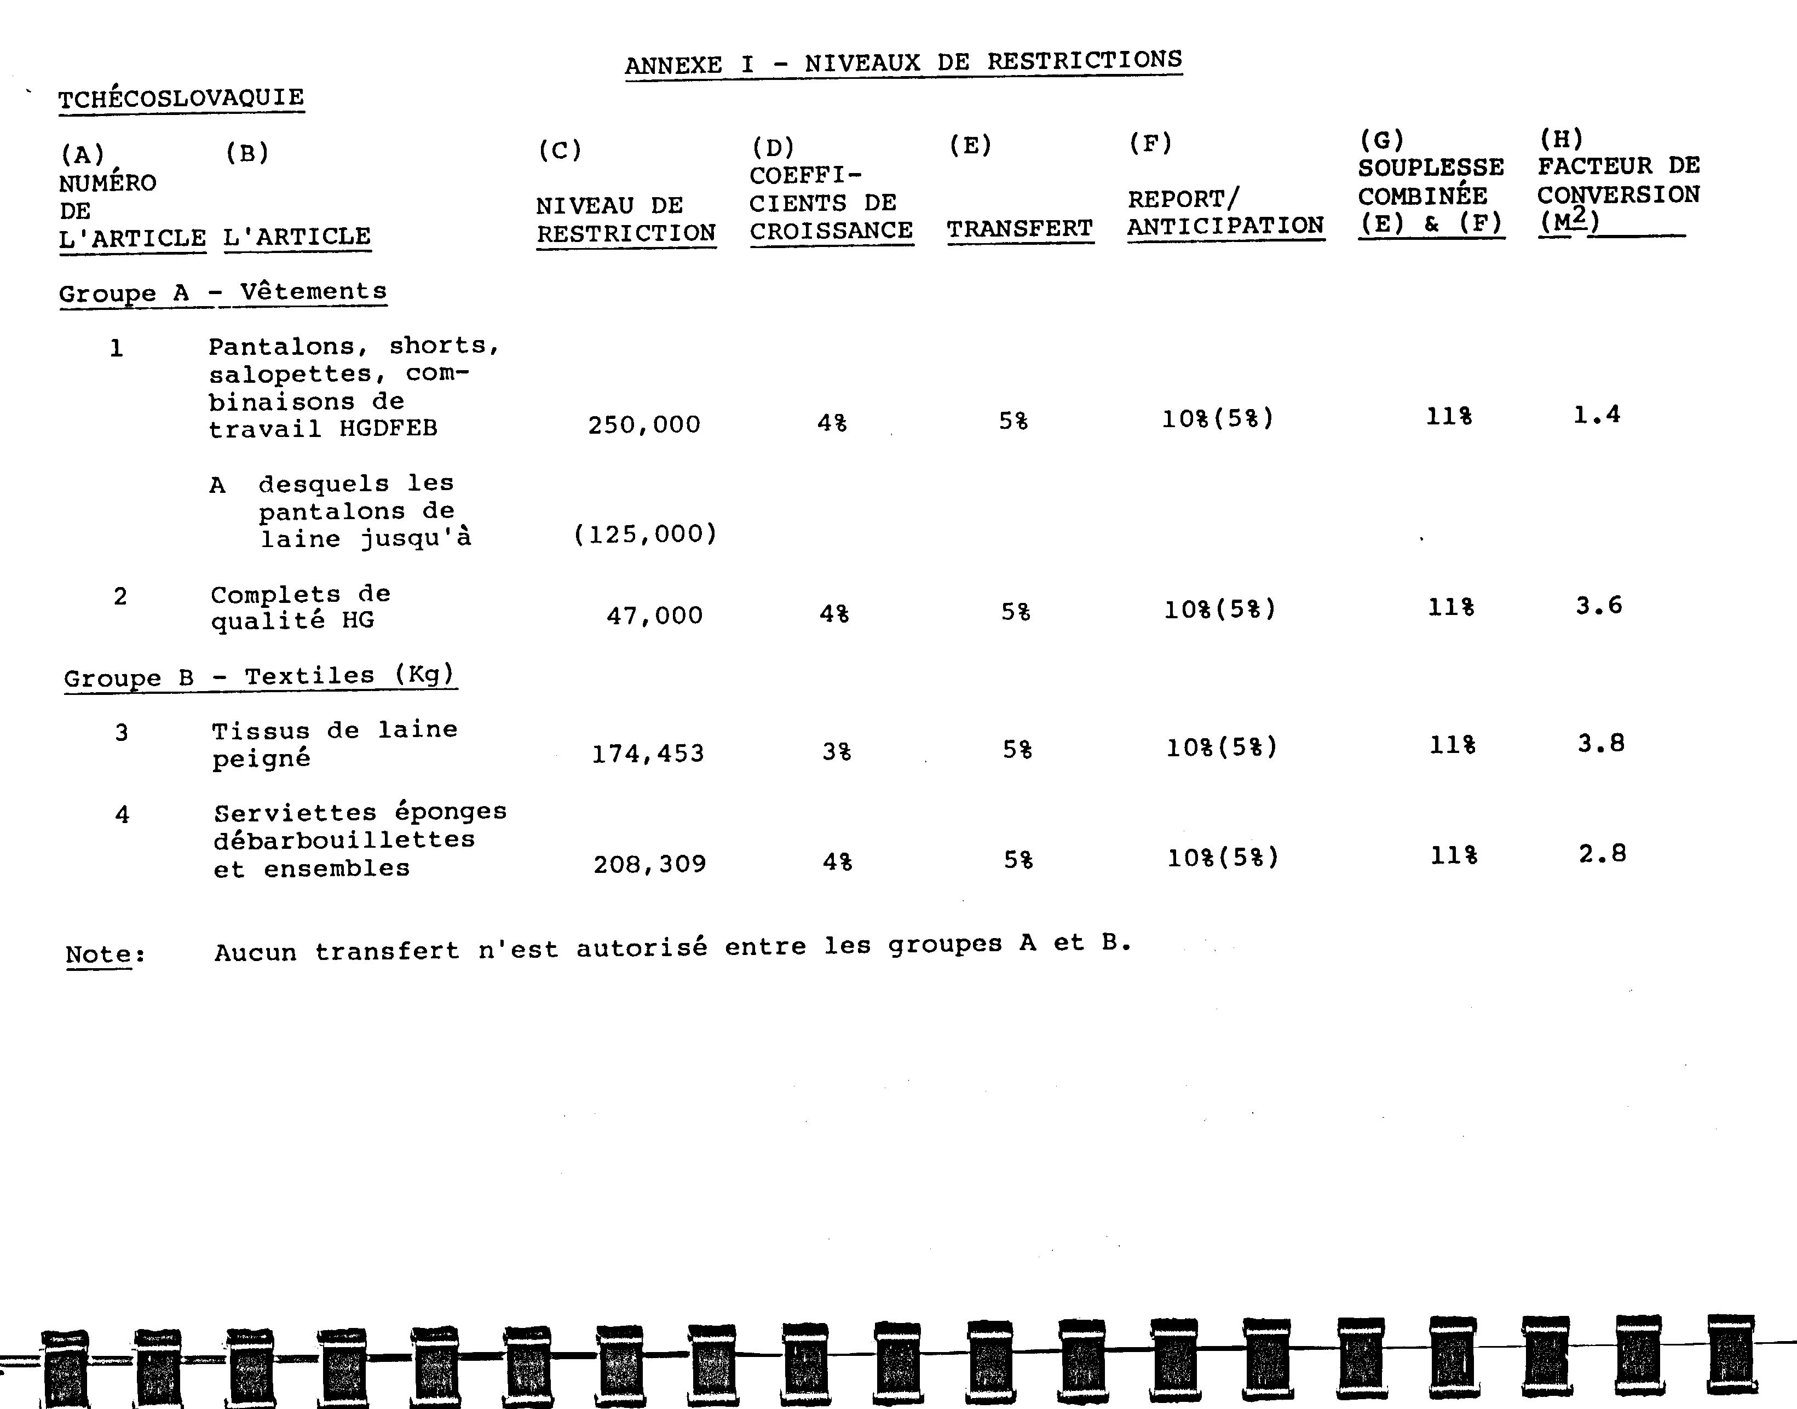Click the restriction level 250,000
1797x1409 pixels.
coord(644,425)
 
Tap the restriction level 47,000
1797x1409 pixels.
coord(655,616)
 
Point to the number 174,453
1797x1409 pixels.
coord(648,753)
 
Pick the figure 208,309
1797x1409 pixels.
coord(650,864)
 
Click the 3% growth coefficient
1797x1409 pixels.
coord(836,751)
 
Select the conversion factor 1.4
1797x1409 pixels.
coord(1597,414)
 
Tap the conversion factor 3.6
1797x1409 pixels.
coord(1599,606)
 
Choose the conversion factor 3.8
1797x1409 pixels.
coord(1601,743)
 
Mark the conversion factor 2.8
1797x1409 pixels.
coord(1603,854)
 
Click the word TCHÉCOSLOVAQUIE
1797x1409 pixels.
coord(181,98)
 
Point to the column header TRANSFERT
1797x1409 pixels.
coord(1020,228)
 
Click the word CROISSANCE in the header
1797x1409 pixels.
coord(831,231)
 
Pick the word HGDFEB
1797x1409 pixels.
coord(388,429)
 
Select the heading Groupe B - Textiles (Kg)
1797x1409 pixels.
coord(259,676)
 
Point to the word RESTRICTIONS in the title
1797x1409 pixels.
coord(1085,60)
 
